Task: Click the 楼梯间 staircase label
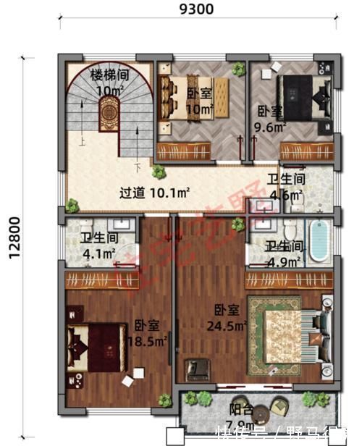coord(109,75)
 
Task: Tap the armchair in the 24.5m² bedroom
coord(196,369)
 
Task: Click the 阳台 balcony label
coord(240,409)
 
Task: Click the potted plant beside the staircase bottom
coord(157,172)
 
